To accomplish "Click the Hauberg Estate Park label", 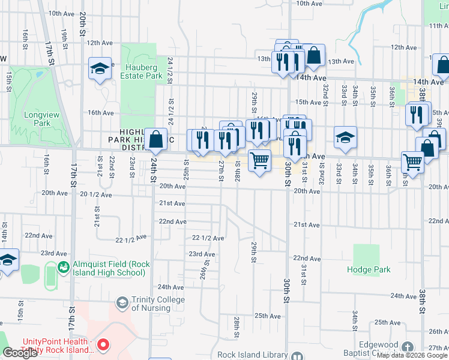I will [142, 72].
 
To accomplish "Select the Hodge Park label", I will [369, 269].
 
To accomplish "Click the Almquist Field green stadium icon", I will [63, 266].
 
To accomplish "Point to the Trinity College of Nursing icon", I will [122, 302].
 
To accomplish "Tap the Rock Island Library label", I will [252, 355].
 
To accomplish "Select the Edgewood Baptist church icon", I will [408, 347].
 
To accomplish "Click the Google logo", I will [20, 353].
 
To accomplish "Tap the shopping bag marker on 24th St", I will [156, 140].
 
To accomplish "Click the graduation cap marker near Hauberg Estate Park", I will [100, 68].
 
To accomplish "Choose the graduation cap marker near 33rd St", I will [345, 138].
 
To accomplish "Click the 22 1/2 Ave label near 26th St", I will [208, 238].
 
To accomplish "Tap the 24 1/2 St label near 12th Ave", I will [170, 70].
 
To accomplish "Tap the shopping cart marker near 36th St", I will [412, 161].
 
